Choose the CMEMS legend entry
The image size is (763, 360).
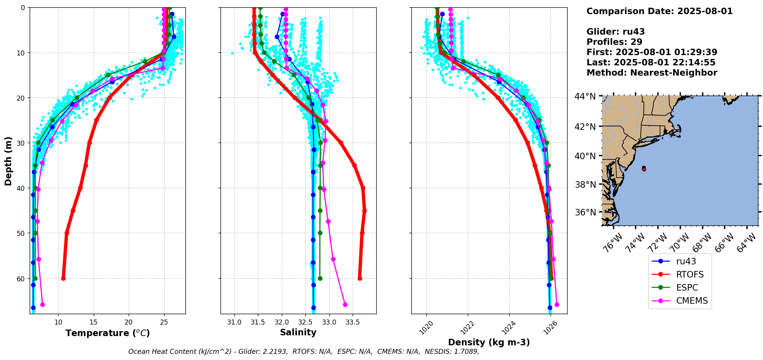(680, 301)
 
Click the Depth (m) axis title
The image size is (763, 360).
(8, 161)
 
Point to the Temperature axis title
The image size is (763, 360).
(108, 333)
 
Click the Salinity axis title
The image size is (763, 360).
(298, 332)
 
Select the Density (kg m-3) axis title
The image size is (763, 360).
(489, 342)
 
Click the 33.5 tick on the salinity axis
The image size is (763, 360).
(352, 322)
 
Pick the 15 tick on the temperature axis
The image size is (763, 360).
(93, 322)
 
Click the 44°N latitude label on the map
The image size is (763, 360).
(585, 96)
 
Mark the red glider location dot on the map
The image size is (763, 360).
(644, 169)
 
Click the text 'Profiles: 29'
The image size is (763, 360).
(614, 42)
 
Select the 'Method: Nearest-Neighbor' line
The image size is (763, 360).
(652, 73)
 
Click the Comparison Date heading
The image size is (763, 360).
(660, 11)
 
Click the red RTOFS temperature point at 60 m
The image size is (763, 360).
(63, 278)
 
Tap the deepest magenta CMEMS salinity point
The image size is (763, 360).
(345, 304)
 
